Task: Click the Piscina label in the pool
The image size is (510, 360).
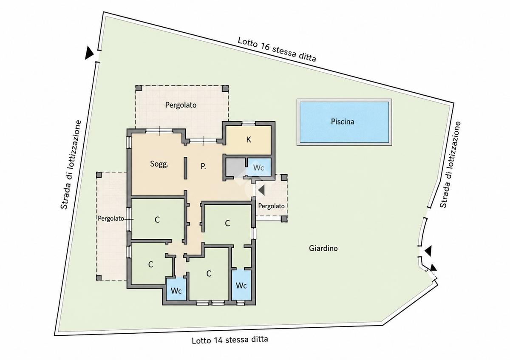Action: point(343,122)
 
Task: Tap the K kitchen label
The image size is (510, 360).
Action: point(249,139)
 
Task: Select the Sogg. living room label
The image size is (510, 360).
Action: point(159,164)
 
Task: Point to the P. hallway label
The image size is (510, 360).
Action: point(203,167)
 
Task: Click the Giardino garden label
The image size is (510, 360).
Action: point(323,248)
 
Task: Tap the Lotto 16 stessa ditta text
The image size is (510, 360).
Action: point(277,49)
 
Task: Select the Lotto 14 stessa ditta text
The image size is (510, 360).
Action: point(230,340)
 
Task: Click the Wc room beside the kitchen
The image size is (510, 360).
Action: point(259,167)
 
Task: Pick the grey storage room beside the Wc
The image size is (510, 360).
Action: point(235,167)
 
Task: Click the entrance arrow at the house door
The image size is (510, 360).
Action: point(261,190)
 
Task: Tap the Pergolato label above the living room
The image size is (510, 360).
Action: point(181,105)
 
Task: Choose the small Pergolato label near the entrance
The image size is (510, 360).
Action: point(271,206)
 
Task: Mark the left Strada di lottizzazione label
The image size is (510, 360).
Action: point(71,164)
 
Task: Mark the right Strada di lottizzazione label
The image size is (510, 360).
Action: point(450,164)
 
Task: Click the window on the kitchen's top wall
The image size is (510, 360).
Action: point(248,123)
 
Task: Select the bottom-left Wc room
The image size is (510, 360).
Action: point(176,289)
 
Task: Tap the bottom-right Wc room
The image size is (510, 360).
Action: point(241,285)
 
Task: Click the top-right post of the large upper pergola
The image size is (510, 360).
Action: point(225,88)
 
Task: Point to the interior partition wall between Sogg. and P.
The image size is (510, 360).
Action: point(186,168)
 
